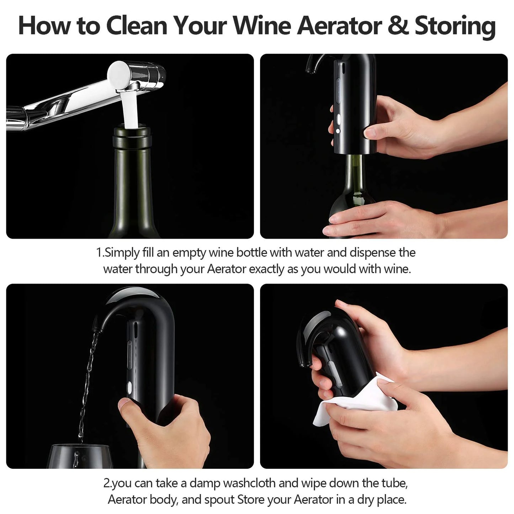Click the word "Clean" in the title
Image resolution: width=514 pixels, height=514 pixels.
(137, 26)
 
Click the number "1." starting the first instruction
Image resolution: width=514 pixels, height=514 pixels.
(100, 253)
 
